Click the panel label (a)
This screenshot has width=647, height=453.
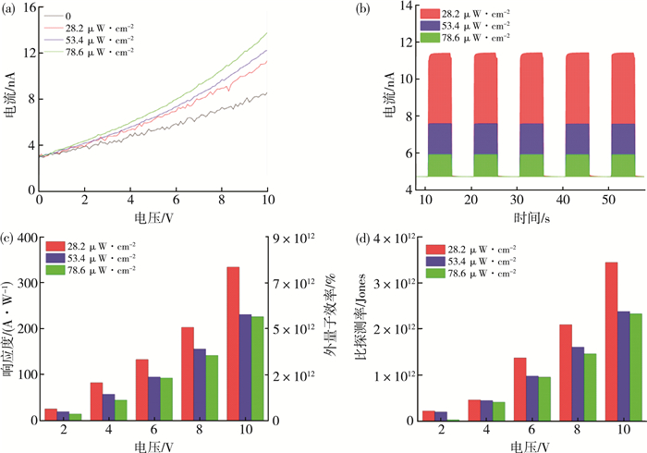tap(14, 9)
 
